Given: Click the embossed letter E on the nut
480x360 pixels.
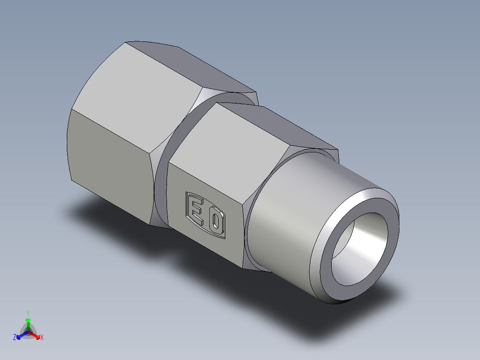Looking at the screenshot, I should tap(195, 210).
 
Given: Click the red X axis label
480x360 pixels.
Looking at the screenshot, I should tap(42, 338).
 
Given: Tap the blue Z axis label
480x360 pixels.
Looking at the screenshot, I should tap(15, 338).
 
